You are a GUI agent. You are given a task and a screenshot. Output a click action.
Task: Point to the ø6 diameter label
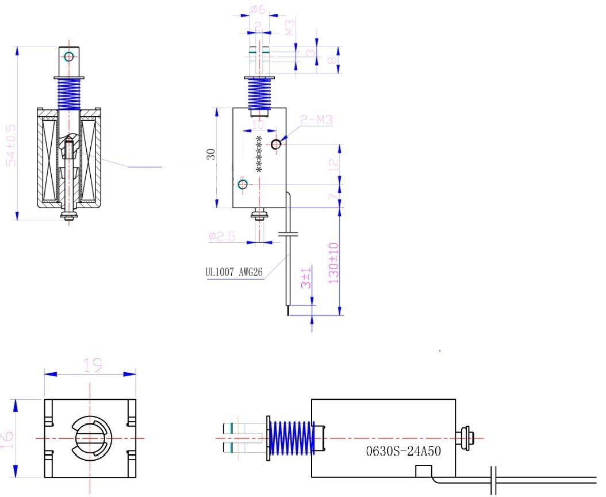tap(257, 9)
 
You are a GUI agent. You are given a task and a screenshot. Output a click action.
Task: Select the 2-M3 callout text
tap(316, 120)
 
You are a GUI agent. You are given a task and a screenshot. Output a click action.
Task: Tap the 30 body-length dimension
tap(211, 154)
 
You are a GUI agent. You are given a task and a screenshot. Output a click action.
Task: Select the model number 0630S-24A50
tap(404, 451)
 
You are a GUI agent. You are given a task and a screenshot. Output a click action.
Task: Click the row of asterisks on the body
tap(259, 154)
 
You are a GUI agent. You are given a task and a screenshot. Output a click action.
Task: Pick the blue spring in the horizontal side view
tap(292, 438)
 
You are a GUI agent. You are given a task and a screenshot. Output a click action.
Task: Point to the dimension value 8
tap(332, 60)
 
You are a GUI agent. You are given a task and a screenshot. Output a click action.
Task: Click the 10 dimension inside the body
tap(258, 125)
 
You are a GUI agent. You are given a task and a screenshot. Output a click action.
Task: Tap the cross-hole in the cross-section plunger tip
tap(70, 56)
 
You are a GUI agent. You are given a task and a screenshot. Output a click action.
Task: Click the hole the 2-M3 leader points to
tap(277, 143)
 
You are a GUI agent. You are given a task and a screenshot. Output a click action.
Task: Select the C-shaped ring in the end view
tap(90, 438)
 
